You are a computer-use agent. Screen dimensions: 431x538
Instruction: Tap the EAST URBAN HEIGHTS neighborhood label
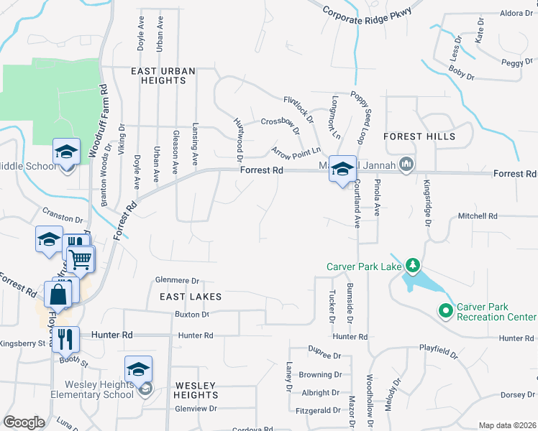[160, 75]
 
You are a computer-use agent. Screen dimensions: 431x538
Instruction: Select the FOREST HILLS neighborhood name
[419, 136]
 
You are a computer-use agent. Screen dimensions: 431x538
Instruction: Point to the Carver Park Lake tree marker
[413, 266]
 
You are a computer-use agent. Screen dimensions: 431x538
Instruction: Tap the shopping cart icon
[82, 258]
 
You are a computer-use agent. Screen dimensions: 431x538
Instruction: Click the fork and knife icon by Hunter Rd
[65, 338]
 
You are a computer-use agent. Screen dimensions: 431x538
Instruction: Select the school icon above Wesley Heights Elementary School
[138, 369]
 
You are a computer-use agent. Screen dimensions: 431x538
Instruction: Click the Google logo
[24, 422]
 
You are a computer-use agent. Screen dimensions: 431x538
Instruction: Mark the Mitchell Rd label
[478, 215]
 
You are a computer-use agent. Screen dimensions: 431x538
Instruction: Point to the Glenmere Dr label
[176, 281]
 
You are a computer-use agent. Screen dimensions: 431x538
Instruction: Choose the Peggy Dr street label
[516, 63]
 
